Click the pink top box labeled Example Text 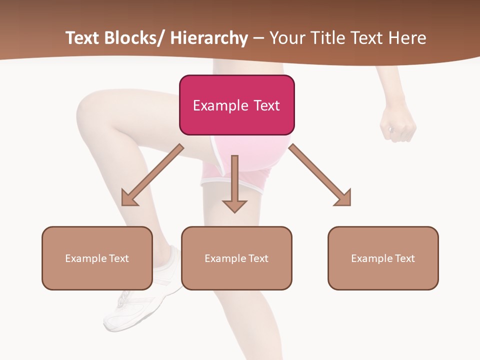(236, 105)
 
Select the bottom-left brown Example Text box (97, 258)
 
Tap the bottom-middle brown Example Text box (236, 258)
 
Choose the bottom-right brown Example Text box (383, 258)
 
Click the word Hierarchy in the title (209, 38)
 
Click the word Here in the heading (407, 38)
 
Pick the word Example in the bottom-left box (86, 258)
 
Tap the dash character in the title (258, 38)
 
